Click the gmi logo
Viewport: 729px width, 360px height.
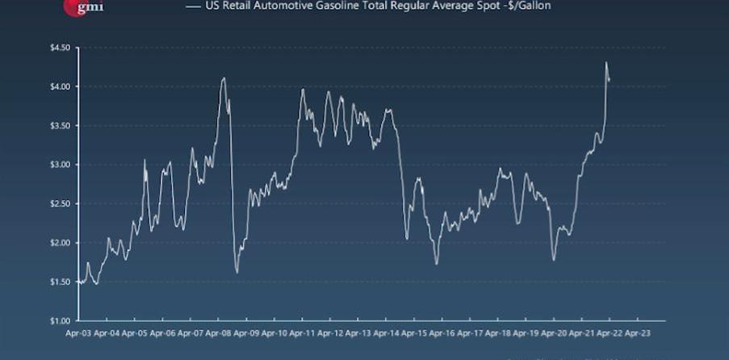83,7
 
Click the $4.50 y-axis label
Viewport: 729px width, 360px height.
60,48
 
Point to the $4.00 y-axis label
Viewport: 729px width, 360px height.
60,86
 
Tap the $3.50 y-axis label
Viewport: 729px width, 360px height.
60,126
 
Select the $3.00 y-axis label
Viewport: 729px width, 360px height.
60,165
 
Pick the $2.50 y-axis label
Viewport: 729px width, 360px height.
60,203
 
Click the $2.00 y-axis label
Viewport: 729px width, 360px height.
60,243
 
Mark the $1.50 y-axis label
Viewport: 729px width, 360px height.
60,282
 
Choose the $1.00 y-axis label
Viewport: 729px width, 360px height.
60,320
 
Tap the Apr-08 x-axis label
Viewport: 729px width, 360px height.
219,332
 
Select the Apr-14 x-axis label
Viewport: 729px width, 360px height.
386,332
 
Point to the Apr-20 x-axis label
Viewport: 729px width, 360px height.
554,332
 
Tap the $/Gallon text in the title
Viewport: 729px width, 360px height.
531,6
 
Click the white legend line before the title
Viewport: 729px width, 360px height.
192,6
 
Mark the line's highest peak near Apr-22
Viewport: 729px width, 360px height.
605,63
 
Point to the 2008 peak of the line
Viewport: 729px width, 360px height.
224,78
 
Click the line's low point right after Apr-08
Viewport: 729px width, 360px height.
237,272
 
